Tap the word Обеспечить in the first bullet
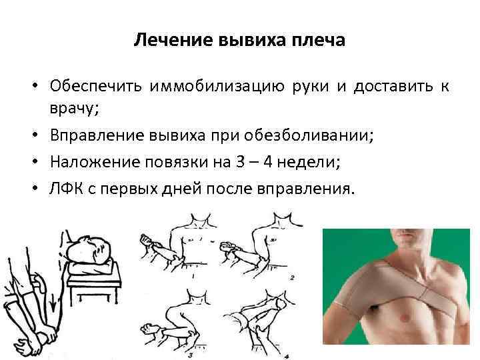click(x=97, y=87)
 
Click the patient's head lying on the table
click(x=87, y=247)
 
